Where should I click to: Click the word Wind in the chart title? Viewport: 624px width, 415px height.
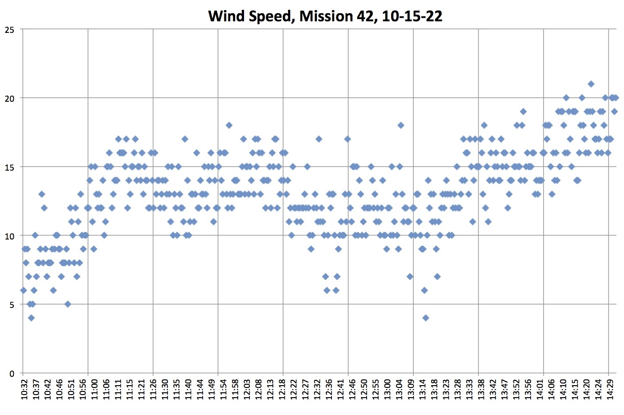coord(226,16)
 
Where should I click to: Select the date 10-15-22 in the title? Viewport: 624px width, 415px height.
coord(412,16)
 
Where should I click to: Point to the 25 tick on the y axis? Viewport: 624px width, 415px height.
coord(10,30)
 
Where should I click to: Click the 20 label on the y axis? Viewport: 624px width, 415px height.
coord(10,99)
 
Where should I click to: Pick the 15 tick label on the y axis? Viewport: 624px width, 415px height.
coord(10,168)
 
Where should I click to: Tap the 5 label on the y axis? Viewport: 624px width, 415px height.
coord(12,305)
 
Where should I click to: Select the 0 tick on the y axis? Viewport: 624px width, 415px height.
coord(12,374)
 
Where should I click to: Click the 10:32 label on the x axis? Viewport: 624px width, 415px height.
coord(25,389)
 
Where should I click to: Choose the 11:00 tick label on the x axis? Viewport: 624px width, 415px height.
coord(89,389)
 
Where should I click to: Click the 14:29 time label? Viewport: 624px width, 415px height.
coord(611,389)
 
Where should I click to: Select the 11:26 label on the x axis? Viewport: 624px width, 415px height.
coord(152,389)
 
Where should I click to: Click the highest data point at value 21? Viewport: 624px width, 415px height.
coord(591,84)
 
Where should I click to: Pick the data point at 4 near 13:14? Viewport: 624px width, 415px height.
coord(425,318)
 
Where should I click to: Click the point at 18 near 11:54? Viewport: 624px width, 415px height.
coord(229,125)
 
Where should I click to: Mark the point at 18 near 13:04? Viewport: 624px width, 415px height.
coord(400,125)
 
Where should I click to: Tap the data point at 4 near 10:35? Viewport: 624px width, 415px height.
coord(31,318)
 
